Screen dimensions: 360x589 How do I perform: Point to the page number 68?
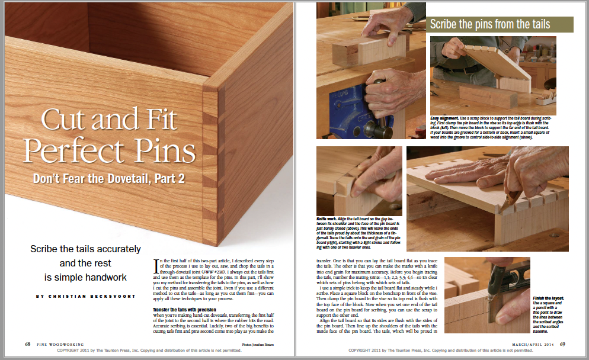pos(28,344)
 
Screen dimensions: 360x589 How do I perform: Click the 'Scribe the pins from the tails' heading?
pos(489,24)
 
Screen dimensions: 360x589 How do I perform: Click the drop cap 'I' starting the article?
pos(156,263)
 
